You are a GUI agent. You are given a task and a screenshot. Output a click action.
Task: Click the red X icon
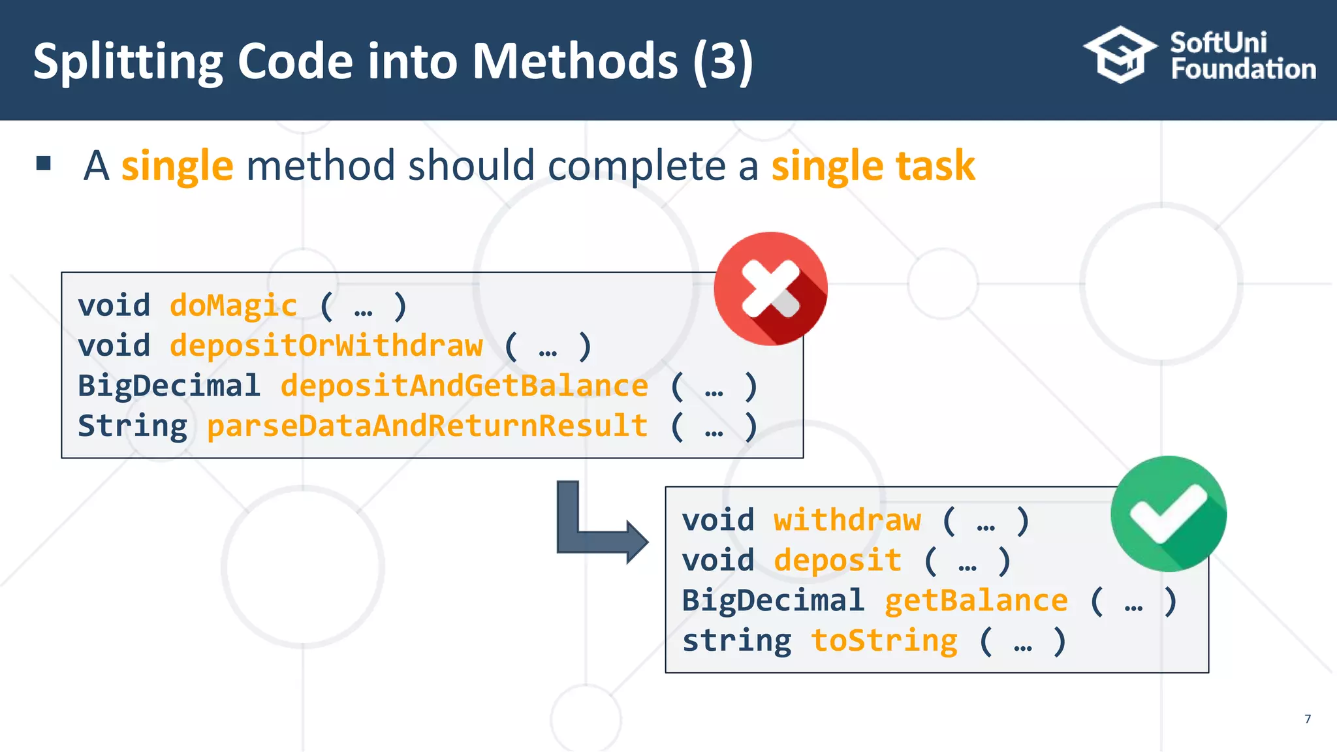(x=770, y=289)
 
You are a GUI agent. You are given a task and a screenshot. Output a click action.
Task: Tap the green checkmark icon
(x=1168, y=514)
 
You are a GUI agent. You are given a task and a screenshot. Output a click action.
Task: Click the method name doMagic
(x=233, y=305)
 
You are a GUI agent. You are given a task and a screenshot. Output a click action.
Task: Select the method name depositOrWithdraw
(x=326, y=346)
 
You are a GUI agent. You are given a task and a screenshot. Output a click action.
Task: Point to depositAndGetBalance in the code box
(x=464, y=386)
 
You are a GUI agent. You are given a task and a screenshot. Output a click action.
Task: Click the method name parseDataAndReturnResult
(x=427, y=426)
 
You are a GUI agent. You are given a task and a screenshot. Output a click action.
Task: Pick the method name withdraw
(x=847, y=520)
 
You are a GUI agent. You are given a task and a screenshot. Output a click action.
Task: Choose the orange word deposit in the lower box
(x=837, y=561)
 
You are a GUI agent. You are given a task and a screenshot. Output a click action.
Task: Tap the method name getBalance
(x=976, y=601)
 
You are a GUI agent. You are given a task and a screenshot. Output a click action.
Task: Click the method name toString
(x=884, y=640)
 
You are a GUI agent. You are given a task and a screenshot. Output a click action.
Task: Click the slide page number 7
(x=1307, y=719)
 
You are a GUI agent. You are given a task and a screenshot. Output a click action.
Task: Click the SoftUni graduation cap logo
(x=1120, y=55)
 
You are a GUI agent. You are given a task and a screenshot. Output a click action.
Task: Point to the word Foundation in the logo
(x=1243, y=69)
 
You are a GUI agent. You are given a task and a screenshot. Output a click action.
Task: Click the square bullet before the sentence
(x=44, y=163)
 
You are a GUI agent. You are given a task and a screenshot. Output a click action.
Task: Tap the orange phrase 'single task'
(x=873, y=166)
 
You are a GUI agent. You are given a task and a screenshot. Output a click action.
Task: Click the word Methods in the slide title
(x=574, y=61)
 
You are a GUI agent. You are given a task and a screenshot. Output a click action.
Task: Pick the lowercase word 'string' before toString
(x=736, y=640)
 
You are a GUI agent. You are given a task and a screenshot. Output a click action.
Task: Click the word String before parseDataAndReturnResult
(x=133, y=426)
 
